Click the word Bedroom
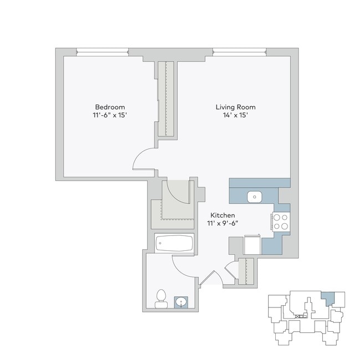[110, 107]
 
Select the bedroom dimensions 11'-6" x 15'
[110, 115]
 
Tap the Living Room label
[235, 107]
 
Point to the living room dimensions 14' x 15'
[235, 115]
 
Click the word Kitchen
[223, 215]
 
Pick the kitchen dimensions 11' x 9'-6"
[223, 223]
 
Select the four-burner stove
[280, 222]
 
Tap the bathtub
[174, 243]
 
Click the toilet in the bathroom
[161, 299]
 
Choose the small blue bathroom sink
[181, 302]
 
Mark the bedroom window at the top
[103, 53]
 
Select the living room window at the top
[239, 53]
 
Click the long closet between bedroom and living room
[166, 99]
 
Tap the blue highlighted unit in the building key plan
[329, 298]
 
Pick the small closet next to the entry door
[246, 271]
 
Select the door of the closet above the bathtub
[178, 194]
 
